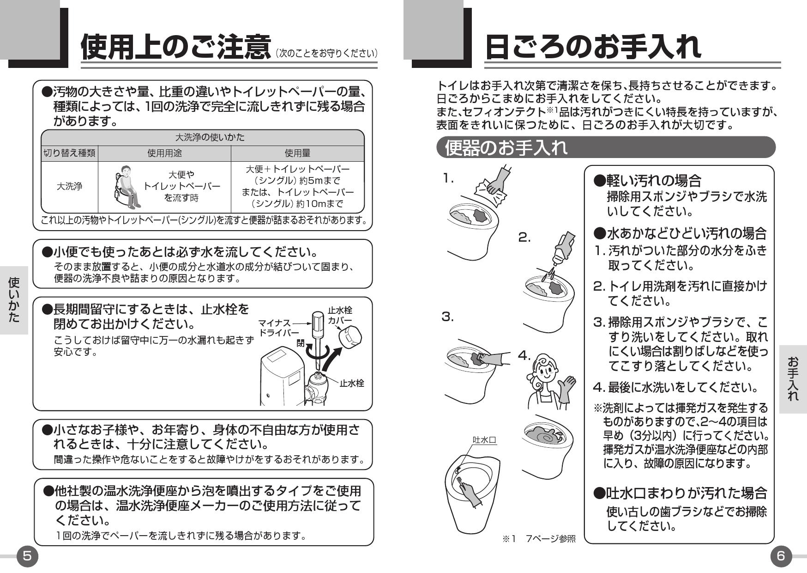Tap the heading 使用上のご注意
[x=175, y=48]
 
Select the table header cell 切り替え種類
[x=69, y=153]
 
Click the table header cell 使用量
[x=297, y=153]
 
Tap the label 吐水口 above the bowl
[x=484, y=439]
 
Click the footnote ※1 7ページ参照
[x=539, y=538]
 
